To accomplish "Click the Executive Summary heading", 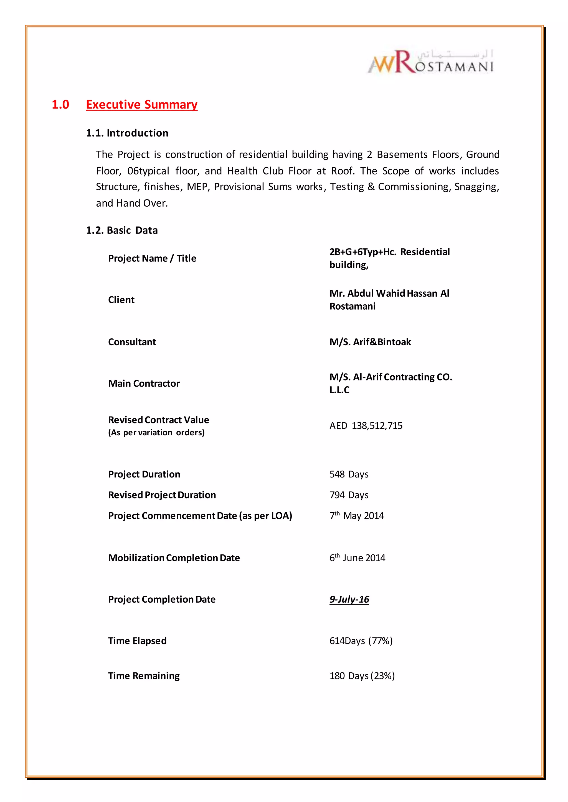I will point(142,104).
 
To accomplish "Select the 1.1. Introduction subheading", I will point(127,133).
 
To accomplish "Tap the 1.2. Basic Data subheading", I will point(122,230).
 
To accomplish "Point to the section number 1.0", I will point(60,104).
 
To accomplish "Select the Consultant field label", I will point(132,342).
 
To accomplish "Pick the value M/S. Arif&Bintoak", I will point(370,342).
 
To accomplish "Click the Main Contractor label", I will point(144,383).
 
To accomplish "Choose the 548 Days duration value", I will point(349,474).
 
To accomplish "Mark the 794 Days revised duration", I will point(349,495).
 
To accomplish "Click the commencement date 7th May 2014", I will point(356,516).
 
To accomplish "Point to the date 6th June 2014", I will point(357,557).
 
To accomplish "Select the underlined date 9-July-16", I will point(349,599).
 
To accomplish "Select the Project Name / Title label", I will point(152,258).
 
